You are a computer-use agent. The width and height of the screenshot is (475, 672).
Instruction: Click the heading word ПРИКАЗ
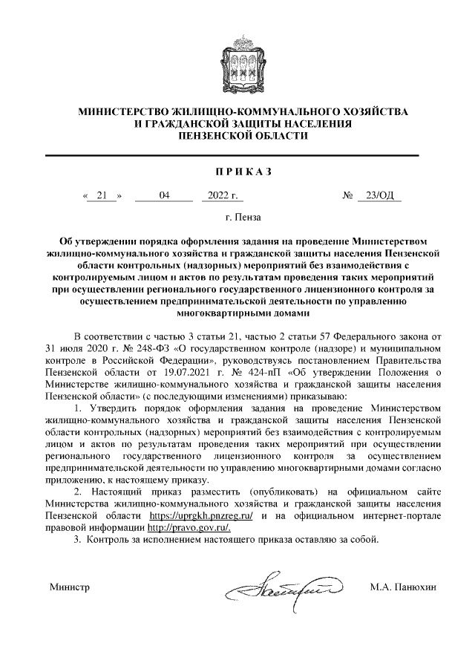(x=237, y=172)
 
